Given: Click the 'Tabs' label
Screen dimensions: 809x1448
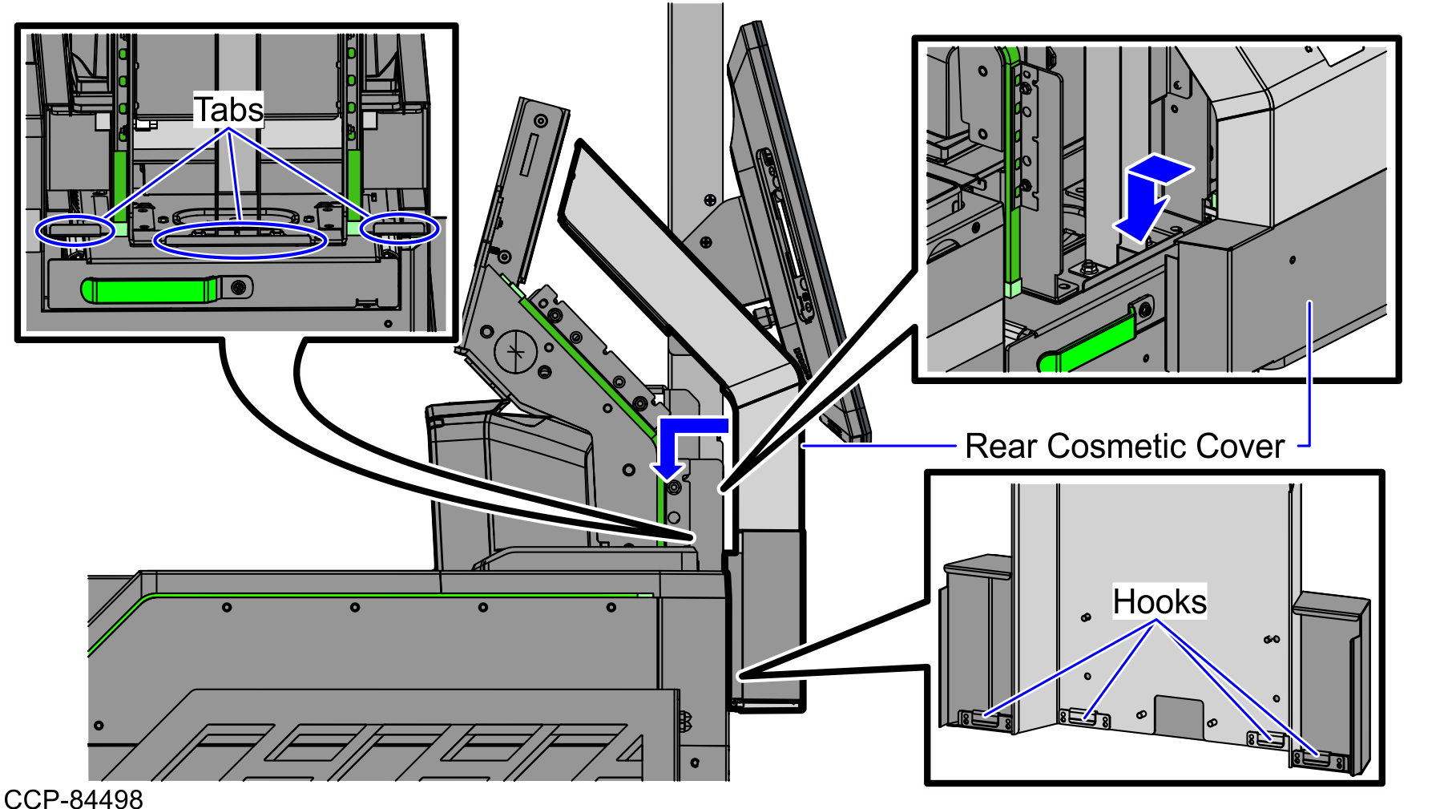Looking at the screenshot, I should point(229,110).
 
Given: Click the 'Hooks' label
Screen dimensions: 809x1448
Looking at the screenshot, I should point(1159,601).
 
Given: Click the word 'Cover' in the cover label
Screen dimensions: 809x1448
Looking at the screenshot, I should point(1248,447).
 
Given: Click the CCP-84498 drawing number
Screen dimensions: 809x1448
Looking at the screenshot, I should point(74,799).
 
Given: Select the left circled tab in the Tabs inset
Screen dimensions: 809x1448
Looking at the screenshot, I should point(75,231).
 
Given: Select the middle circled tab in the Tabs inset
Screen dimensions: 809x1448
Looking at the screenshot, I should point(240,240).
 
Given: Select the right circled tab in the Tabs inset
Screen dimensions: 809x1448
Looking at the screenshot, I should point(399,229).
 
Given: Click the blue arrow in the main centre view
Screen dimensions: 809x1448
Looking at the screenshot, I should point(681,445).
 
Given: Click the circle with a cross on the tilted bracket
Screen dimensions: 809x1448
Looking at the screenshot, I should point(515,351).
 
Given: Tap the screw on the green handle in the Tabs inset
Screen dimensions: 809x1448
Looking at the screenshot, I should point(239,287).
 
